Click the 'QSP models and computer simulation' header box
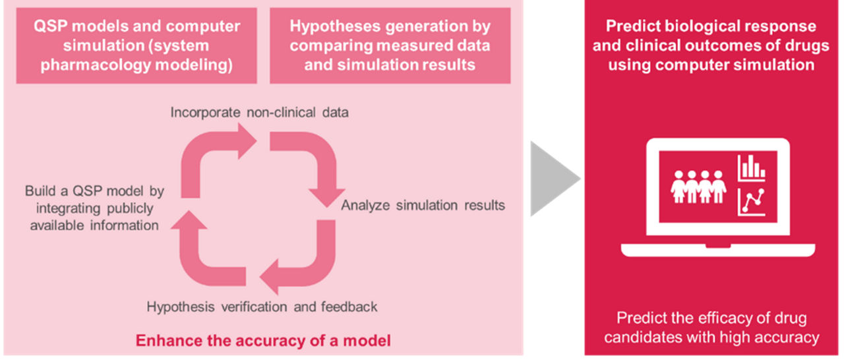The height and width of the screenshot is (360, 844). click(137, 45)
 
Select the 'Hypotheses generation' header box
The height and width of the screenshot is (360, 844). click(390, 45)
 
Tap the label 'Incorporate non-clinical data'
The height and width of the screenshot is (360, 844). click(259, 112)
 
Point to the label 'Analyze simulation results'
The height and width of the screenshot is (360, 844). click(423, 205)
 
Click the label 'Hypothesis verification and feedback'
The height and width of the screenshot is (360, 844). click(262, 307)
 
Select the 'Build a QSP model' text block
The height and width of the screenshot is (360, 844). click(94, 208)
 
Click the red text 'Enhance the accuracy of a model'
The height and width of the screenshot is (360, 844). click(263, 341)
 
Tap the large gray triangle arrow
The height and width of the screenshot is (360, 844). click(552, 178)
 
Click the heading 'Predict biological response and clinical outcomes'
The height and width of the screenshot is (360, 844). click(713, 45)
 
